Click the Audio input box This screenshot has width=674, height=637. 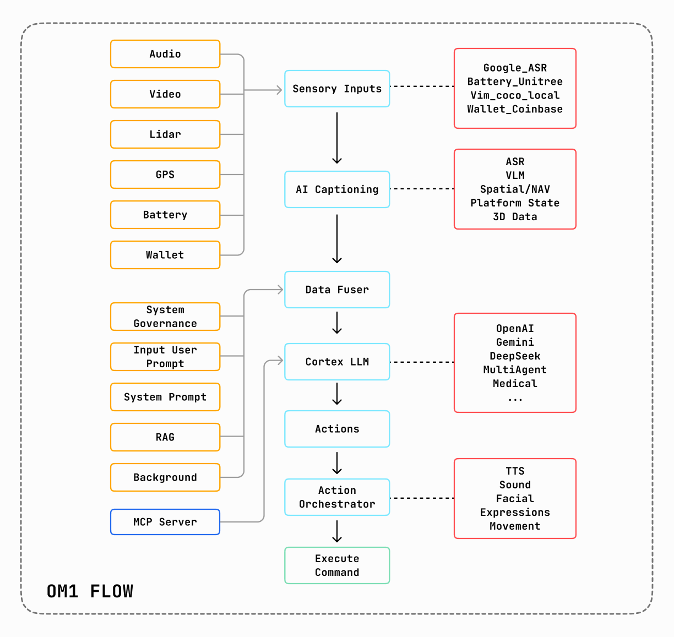[x=165, y=54]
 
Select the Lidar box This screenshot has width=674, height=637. [x=165, y=134]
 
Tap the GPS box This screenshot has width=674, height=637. [x=165, y=174]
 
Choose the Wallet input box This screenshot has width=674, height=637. [x=165, y=255]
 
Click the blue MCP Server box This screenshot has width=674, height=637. [x=165, y=521]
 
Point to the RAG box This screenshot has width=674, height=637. [x=165, y=437]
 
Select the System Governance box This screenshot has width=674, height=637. [x=165, y=316]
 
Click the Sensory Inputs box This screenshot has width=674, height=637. [x=336, y=89]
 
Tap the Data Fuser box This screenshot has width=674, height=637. [x=336, y=290]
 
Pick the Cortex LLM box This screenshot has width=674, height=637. [x=336, y=361]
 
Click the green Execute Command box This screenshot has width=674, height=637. [x=336, y=565]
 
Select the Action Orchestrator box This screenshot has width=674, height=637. [x=336, y=497]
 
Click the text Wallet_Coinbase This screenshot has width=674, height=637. [x=514, y=109]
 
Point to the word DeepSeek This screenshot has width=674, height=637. [x=514, y=356]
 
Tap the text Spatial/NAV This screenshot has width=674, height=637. [x=514, y=189]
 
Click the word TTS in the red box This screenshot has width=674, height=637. [x=514, y=471]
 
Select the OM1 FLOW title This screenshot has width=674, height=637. [x=90, y=591]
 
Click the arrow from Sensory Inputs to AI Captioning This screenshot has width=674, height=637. [x=336, y=138]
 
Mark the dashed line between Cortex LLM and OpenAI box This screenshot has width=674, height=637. [x=422, y=362]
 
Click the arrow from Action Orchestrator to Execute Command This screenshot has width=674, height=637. [x=336, y=531]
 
